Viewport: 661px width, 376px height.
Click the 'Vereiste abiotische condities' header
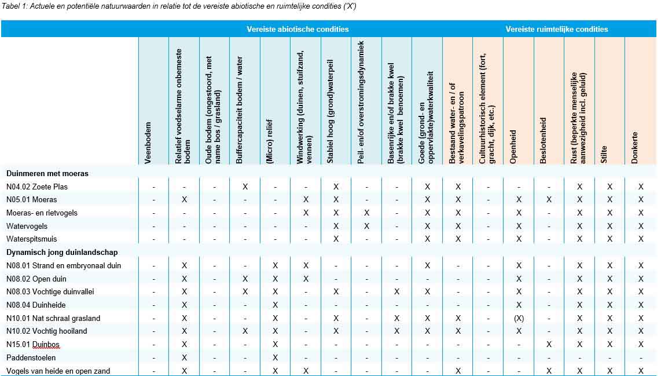point(298,29)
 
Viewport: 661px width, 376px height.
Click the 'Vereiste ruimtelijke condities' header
point(556,29)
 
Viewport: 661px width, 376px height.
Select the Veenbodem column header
point(148,143)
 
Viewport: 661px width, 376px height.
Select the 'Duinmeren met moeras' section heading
point(47,173)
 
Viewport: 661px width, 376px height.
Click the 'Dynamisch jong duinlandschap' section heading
point(62,252)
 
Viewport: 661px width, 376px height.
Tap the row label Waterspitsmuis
point(32,239)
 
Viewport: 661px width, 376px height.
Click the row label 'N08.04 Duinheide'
point(36,305)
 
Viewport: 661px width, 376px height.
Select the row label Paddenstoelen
point(31,357)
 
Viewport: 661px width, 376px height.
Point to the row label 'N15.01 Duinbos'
point(33,345)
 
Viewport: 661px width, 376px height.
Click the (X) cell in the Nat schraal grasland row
point(519,318)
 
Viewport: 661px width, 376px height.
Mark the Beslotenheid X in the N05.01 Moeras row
point(549,200)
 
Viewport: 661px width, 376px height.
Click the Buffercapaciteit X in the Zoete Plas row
point(245,187)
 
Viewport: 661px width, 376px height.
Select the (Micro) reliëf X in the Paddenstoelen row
point(275,357)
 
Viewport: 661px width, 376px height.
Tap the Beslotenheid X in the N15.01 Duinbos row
point(549,345)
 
